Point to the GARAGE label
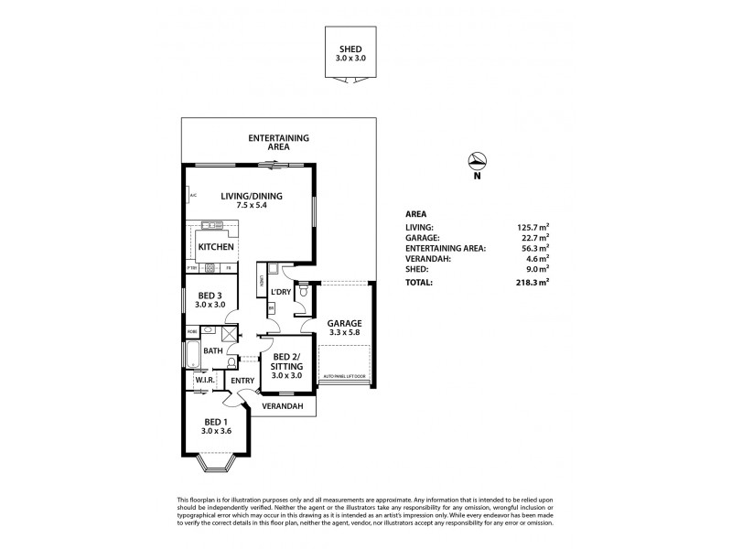pos(345,323)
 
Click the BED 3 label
pos(209,295)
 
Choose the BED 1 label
pos(219,424)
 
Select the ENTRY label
pos(242,381)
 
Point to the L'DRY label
pos(281,293)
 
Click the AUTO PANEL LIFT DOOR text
pos(344,375)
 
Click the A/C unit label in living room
pos(192,195)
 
